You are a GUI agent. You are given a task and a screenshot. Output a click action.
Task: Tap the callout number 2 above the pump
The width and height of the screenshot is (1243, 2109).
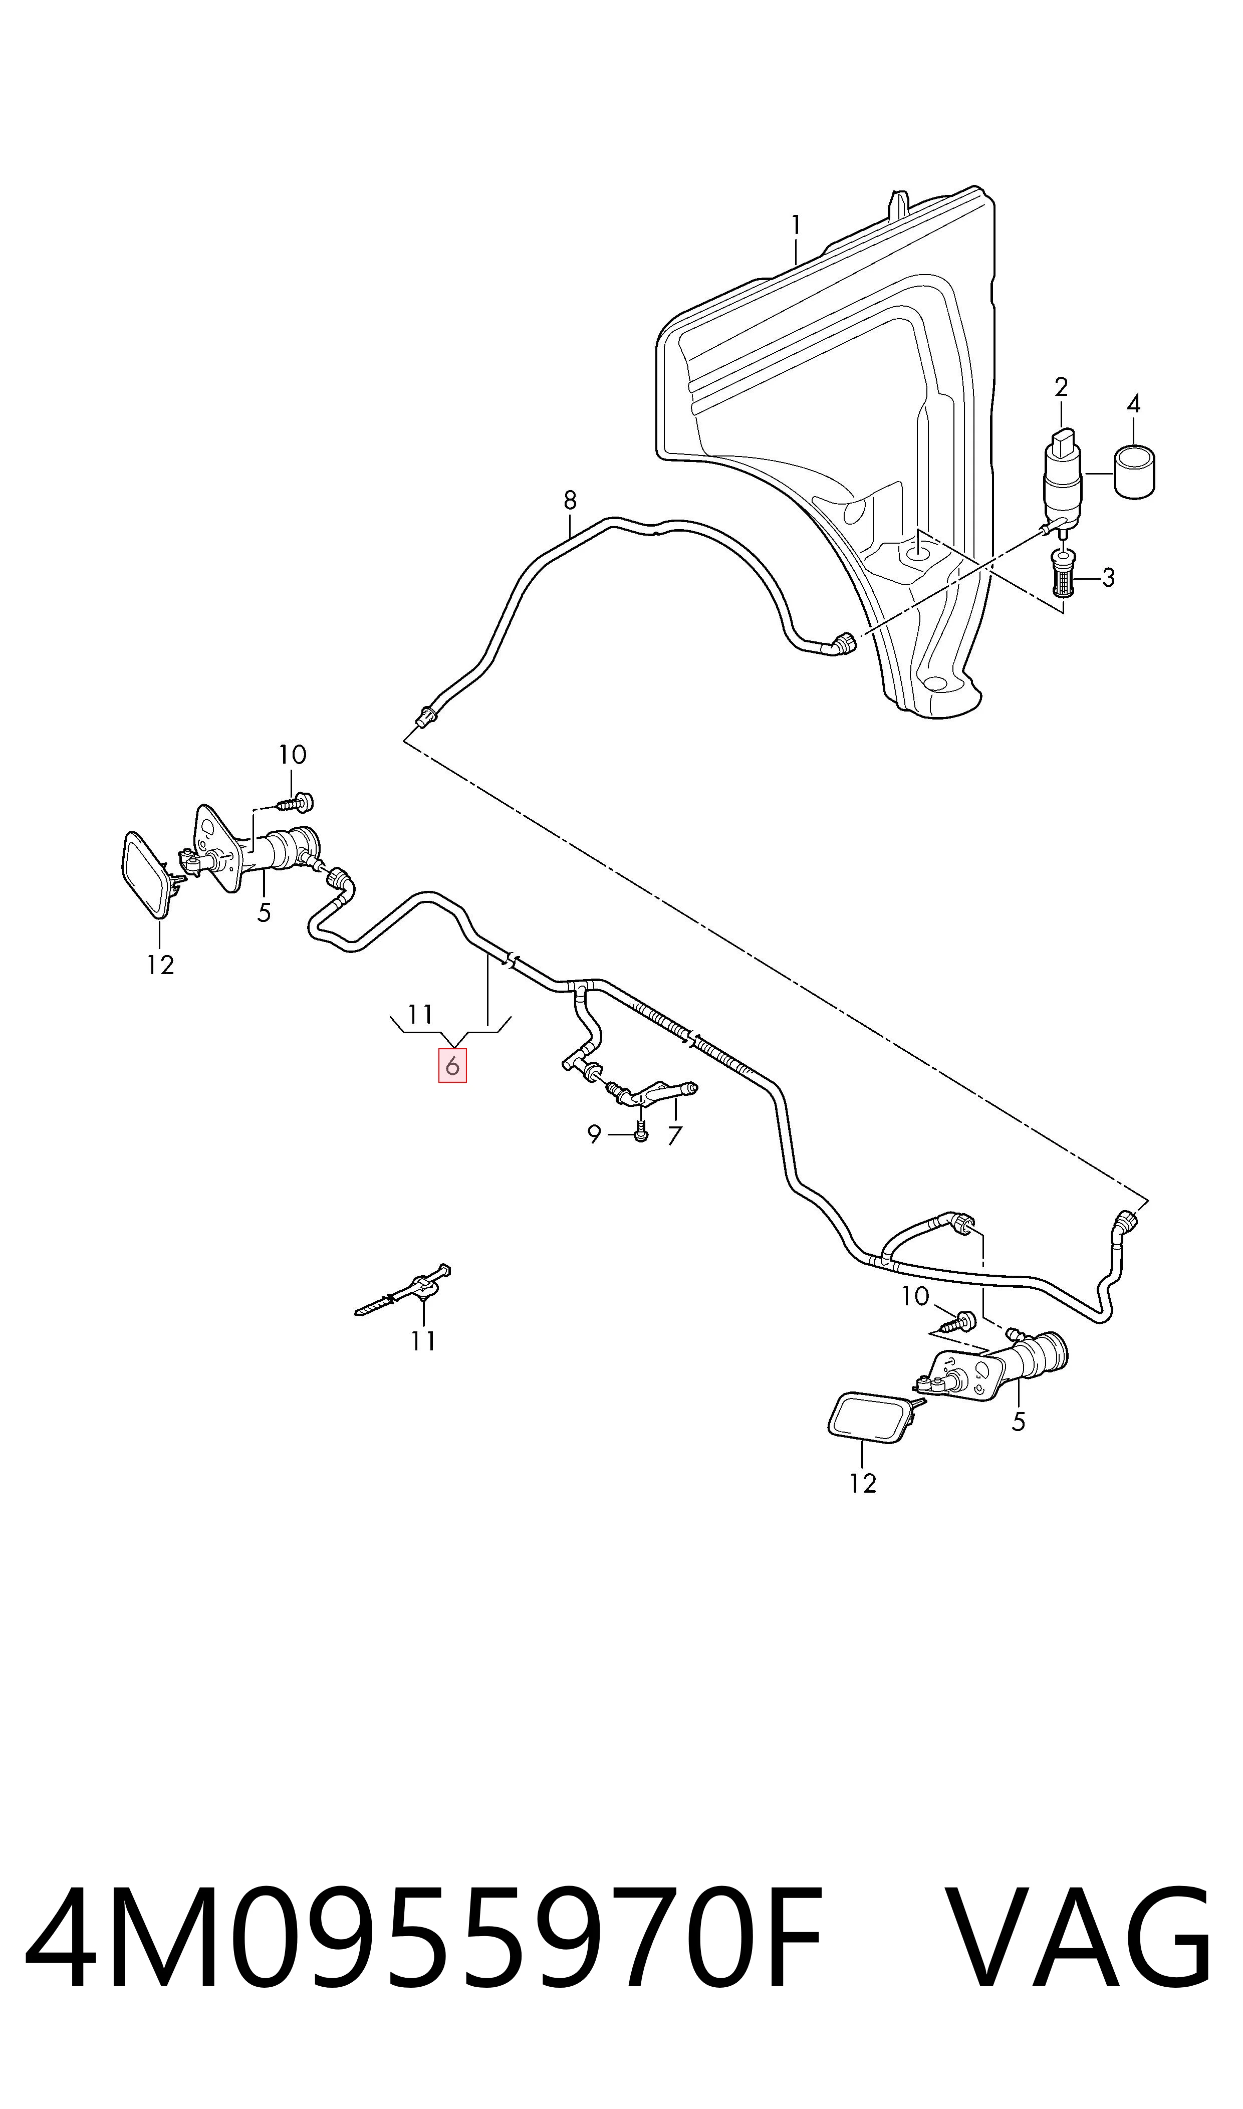click(1061, 387)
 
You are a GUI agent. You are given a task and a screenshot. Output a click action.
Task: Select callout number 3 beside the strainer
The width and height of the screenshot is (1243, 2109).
click(1108, 577)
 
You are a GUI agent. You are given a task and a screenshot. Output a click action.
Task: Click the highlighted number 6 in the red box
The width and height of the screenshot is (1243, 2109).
click(452, 1066)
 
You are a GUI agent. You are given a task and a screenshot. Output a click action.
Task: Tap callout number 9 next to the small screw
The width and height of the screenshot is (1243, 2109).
click(594, 1135)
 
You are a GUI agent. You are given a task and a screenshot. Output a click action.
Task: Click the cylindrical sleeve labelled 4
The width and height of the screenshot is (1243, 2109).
click(1134, 473)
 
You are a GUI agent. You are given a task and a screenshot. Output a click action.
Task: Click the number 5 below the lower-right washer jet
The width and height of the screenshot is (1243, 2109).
click(1019, 1422)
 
